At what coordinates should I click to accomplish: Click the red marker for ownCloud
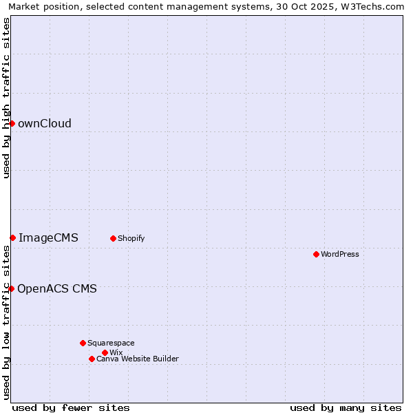[12, 123]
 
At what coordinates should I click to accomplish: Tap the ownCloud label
[45, 124]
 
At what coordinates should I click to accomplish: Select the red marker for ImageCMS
[12, 237]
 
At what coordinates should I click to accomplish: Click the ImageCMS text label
[48, 238]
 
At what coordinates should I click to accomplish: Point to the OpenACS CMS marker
[11, 288]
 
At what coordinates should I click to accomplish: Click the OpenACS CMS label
[57, 289]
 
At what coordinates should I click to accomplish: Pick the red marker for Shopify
[113, 238]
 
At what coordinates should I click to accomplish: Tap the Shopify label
[131, 239]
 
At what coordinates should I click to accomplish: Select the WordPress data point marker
[316, 254]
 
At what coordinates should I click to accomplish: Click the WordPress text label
[340, 255]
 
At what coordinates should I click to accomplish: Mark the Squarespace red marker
[83, 343]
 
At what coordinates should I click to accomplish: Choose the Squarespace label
[112, 343]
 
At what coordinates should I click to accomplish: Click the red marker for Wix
[105, 352]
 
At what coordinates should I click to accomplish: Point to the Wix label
[116, 353]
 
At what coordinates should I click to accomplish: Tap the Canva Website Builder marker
[92, 359]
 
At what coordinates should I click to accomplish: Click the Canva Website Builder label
[138, 359]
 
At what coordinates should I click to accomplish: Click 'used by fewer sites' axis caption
[71, 407]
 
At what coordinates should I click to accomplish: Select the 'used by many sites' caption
[346, 407]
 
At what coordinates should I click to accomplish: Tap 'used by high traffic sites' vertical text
[7, 98]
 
